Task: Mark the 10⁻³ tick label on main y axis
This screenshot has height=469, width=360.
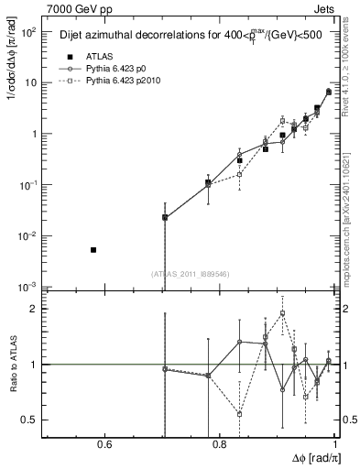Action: [x=31, y=287]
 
